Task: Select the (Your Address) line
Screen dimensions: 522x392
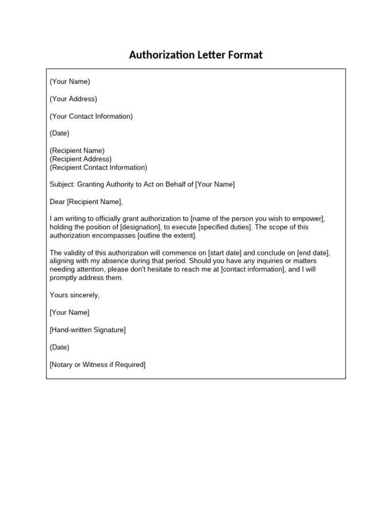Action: [x=73, y=99]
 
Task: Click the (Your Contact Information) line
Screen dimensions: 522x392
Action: [x=91, y=116]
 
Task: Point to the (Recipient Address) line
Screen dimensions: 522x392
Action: [x=81, y=159]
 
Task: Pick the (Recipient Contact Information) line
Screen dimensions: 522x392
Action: [x=98, y=167]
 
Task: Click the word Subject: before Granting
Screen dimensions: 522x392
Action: [x=62, y=185]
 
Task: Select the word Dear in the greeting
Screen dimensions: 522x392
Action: [x=58, y=202]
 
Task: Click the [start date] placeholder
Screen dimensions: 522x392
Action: [x=226, y=253]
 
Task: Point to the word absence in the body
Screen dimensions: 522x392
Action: [x=125, y=261]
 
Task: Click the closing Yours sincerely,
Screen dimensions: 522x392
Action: [x=75, y=295]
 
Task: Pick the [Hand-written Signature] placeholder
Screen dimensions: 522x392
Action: [x=87, y=330]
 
